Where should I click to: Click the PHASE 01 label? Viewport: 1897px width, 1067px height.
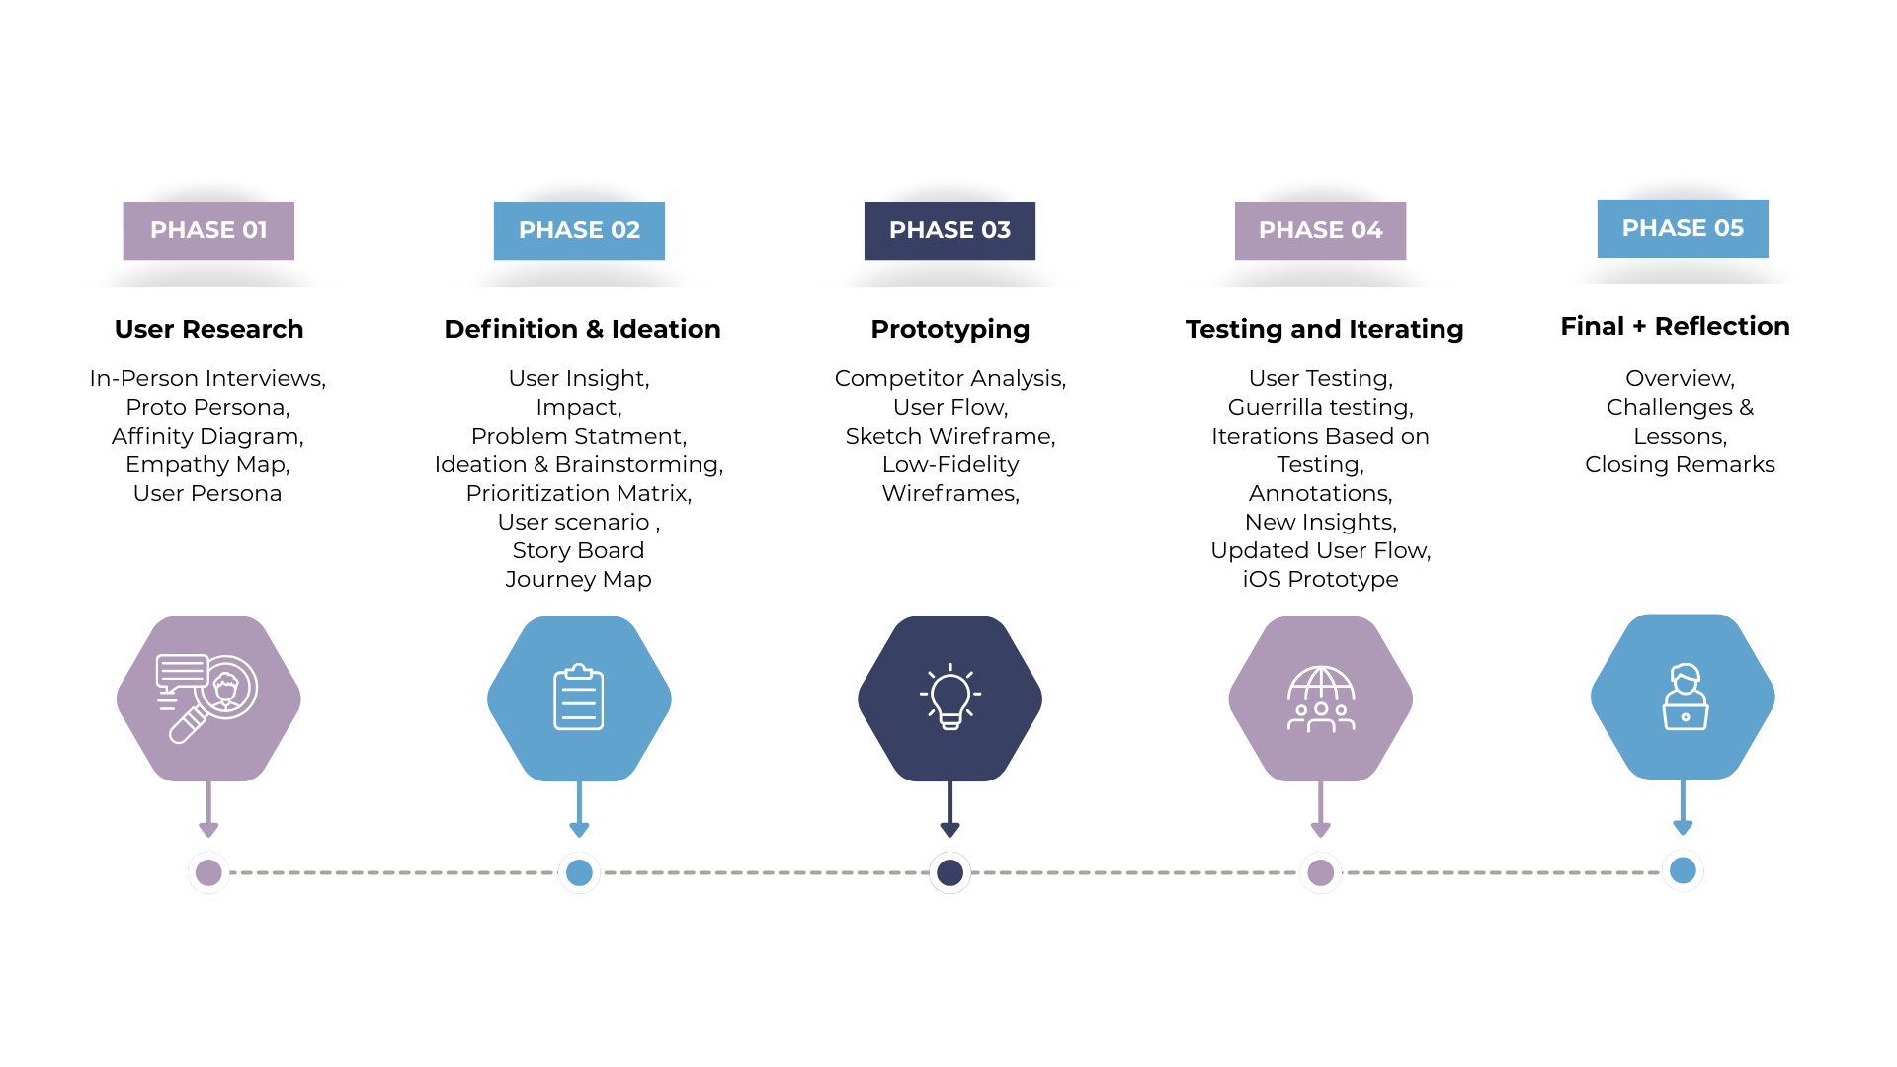tap(208, 230)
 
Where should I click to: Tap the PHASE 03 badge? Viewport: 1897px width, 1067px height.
tap(949, 230)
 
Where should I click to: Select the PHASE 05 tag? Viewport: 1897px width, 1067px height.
tap(1683, 228)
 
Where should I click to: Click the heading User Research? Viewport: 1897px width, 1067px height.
tap(208, 329)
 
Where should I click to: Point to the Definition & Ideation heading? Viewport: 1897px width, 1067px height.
tap(582, 329)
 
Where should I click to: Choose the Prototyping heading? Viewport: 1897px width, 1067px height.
tap(949, 329)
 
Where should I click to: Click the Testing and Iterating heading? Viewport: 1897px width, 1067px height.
tap(1324, 329)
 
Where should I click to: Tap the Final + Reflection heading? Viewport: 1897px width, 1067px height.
tap(1675, 326)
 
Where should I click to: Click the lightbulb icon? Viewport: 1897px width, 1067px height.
tap(949, 697)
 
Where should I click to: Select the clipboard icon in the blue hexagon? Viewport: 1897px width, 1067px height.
tap(579, 698)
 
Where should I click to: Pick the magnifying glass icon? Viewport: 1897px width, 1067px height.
tap(206, 698)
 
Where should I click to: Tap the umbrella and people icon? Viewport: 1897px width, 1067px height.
tap(1321, 698)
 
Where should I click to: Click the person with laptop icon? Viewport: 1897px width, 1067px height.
tap(1685, 697)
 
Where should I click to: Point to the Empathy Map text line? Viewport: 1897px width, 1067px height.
tap(207, 464)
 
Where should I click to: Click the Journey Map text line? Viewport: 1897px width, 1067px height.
tap(578, 579)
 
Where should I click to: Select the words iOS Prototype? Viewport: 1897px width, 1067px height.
tap(1320, 579)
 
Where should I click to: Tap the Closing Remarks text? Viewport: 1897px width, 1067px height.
tap(1680, 464)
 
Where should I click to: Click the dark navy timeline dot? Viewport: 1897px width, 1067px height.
tap(949, 872)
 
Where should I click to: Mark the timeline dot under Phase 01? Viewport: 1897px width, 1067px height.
tap(208, 872)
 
